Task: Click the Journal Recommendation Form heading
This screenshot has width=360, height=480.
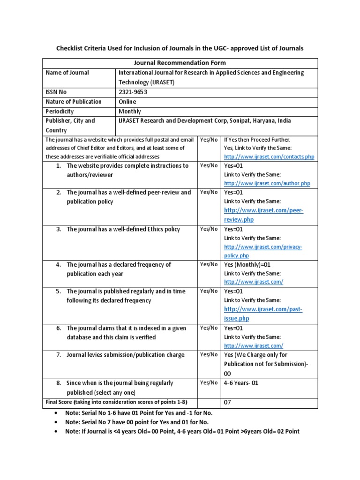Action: coord(180,63)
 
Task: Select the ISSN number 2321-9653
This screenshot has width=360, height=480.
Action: coord(133,92)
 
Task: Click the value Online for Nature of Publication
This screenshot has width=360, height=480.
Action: coord(127,102)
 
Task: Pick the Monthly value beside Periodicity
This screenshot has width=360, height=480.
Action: coord(130,112)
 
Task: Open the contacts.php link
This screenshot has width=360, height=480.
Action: coord(269,157)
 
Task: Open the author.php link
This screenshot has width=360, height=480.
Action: coord(267,183)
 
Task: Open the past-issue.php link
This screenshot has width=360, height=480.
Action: coord(263,314)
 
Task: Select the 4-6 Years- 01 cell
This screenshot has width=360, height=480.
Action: coord(241,383)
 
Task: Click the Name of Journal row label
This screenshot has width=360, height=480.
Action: coord(67,73)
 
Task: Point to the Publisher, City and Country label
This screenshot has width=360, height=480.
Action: coord(70,125)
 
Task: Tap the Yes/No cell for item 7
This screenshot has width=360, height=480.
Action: coord(209,355)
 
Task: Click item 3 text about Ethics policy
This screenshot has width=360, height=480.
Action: coord(123,229)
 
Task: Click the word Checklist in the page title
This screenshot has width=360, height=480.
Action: coord(72,48)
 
